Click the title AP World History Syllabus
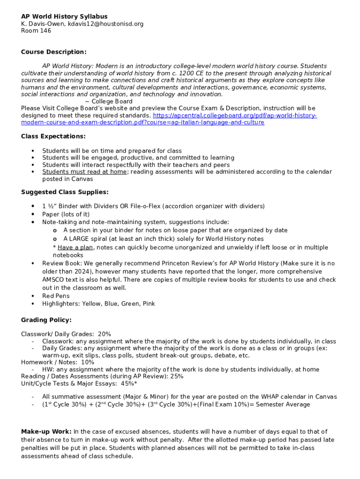[64, 16]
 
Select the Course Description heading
[54, 52]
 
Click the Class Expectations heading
[53, 136]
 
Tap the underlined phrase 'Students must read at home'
[84, 172]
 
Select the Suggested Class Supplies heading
[65, 192]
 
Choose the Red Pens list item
[56, 296]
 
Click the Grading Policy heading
[46, 320]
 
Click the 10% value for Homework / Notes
[87, 362]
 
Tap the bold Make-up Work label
[46, 431]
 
